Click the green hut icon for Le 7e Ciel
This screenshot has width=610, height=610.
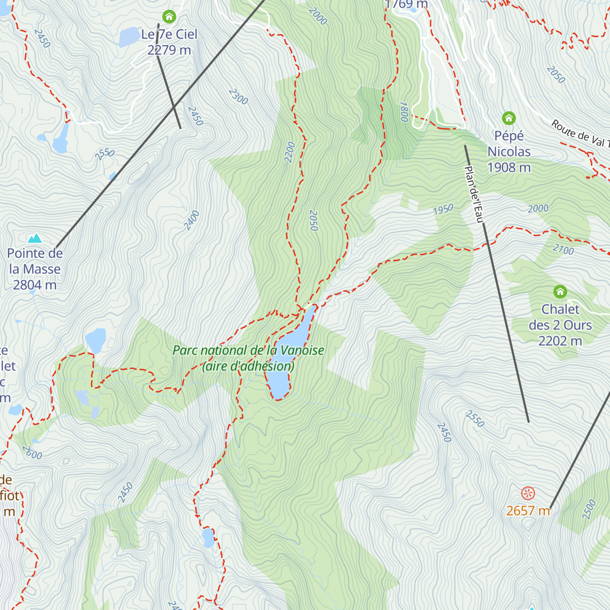click(169, 17)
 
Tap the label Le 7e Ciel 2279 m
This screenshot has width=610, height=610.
click(169, 42)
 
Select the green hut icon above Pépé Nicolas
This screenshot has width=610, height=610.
click(509, 118)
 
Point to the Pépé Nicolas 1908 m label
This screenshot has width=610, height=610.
click(509, 151)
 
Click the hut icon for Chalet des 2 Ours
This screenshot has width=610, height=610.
click(560, 292)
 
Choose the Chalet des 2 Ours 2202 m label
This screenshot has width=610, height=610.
click(560, 325)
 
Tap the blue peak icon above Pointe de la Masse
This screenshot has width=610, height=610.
click(35, 238)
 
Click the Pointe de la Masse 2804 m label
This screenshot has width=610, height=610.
click(35, 269)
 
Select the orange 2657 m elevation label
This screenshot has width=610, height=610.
click(528, 511)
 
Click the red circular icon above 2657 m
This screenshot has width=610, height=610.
click(528, 493)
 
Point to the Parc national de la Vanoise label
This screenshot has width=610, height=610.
click(249, 358)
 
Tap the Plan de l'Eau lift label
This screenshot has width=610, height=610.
click(473, 195)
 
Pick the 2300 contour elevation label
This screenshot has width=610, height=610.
click(238, 97)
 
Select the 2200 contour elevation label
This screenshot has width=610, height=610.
click(290, 152)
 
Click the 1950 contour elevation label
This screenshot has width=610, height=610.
click(443, 209)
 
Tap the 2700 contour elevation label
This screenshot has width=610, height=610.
click(563, 250)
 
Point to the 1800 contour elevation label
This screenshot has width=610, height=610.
click(404, 111)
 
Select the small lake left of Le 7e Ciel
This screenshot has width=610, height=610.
click(129, 37)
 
